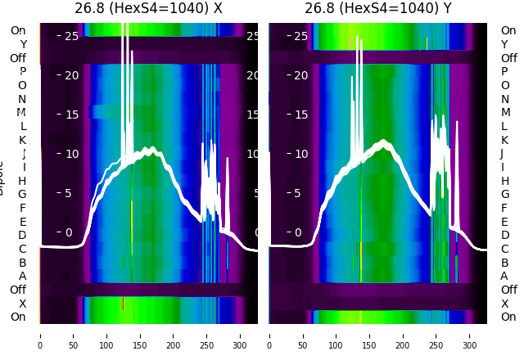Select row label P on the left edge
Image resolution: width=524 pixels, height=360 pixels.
point(22,72)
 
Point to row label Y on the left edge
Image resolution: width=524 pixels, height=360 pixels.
point(22,44)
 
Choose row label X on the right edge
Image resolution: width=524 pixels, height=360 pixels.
point(504,304)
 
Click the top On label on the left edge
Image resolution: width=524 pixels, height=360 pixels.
point(18,30)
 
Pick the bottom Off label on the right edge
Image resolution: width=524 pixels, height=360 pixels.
point(508,290)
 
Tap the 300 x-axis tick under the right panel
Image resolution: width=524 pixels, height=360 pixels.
point(470,335)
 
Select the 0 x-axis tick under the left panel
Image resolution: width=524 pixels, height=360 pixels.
point(39,335)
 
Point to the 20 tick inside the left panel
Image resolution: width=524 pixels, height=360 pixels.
point(71,75)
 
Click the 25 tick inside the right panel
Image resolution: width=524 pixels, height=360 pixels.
point(300,36)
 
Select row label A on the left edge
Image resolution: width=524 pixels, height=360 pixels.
point(22,276)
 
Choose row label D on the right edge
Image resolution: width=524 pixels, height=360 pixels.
point(504,236)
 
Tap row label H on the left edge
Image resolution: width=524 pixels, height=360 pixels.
point(22,181)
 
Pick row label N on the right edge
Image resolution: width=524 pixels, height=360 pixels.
point(504,99)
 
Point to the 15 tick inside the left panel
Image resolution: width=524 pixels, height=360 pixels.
point(71,115)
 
